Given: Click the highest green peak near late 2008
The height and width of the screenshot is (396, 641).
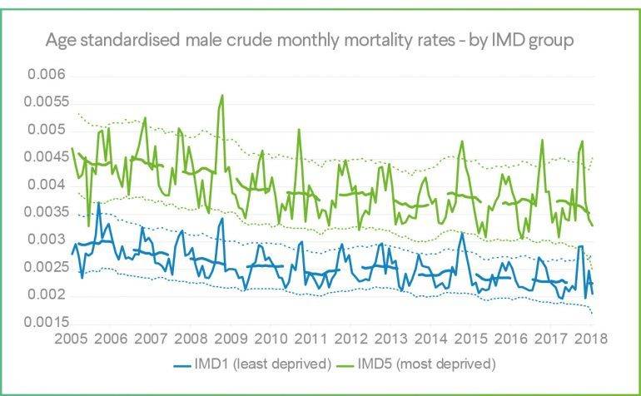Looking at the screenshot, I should tap(221, 96).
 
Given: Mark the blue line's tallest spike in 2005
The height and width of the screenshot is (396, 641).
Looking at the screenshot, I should tap(99, 203).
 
